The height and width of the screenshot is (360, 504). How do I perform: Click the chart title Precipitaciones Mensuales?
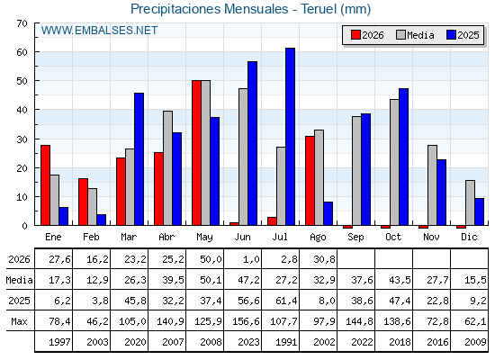click(209, 9)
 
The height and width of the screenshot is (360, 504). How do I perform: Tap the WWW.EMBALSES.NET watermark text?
click(99, 31)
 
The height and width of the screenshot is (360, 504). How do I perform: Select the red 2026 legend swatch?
click(355, 35)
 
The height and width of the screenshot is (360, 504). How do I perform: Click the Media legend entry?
click(415, 35)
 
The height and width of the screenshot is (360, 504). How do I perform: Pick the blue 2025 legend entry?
click(463, 35)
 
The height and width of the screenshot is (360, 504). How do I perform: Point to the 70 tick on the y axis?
click(22, 23)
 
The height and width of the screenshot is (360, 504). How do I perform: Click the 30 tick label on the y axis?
click(22, 139)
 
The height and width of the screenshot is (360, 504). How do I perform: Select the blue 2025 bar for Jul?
click(290, 137)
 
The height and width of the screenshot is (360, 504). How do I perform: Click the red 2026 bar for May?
click(196, 153)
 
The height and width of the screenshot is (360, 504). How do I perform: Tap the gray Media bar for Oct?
click(394, 162)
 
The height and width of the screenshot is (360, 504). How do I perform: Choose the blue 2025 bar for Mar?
click(139, 159)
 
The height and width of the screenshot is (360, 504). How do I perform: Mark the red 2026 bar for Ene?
click(45, 185)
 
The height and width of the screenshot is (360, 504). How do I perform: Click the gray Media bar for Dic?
click(470, 202)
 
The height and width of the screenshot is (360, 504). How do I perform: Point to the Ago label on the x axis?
click(318, 238)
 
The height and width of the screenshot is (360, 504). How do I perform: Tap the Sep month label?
click(355, 238)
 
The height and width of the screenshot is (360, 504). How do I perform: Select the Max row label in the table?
click(19, 321)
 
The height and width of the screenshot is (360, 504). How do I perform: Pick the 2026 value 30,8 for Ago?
click(324, 259)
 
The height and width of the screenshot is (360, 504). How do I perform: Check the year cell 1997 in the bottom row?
click(59, 342)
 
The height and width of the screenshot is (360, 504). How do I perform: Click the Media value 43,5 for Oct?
click(400, 280)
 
